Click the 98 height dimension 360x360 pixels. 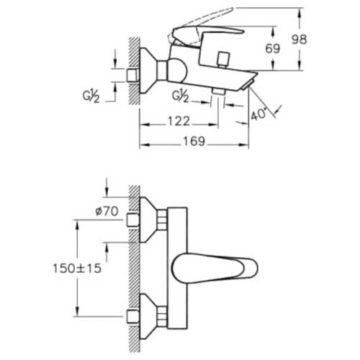pos(299,40)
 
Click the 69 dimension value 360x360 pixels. pos(273,48)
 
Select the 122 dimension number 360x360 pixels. pos(179,121)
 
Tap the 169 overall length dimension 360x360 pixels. pos(194,141)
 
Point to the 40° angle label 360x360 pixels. pos(258,114)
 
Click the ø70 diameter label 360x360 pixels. pos(107,212)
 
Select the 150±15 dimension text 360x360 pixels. pos(77,268)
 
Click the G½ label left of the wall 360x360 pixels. pos(91,96)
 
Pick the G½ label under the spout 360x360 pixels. pos(180,96)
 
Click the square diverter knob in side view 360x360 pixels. pos(223,59)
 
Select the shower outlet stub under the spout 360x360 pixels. pos(218,91)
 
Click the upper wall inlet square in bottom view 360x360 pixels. pos(132,220)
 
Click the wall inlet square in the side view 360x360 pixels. pos(132,76)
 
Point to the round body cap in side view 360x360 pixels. pos(176,71)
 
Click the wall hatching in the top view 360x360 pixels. pos(134,71)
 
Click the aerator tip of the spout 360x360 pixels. pos(248,85)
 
